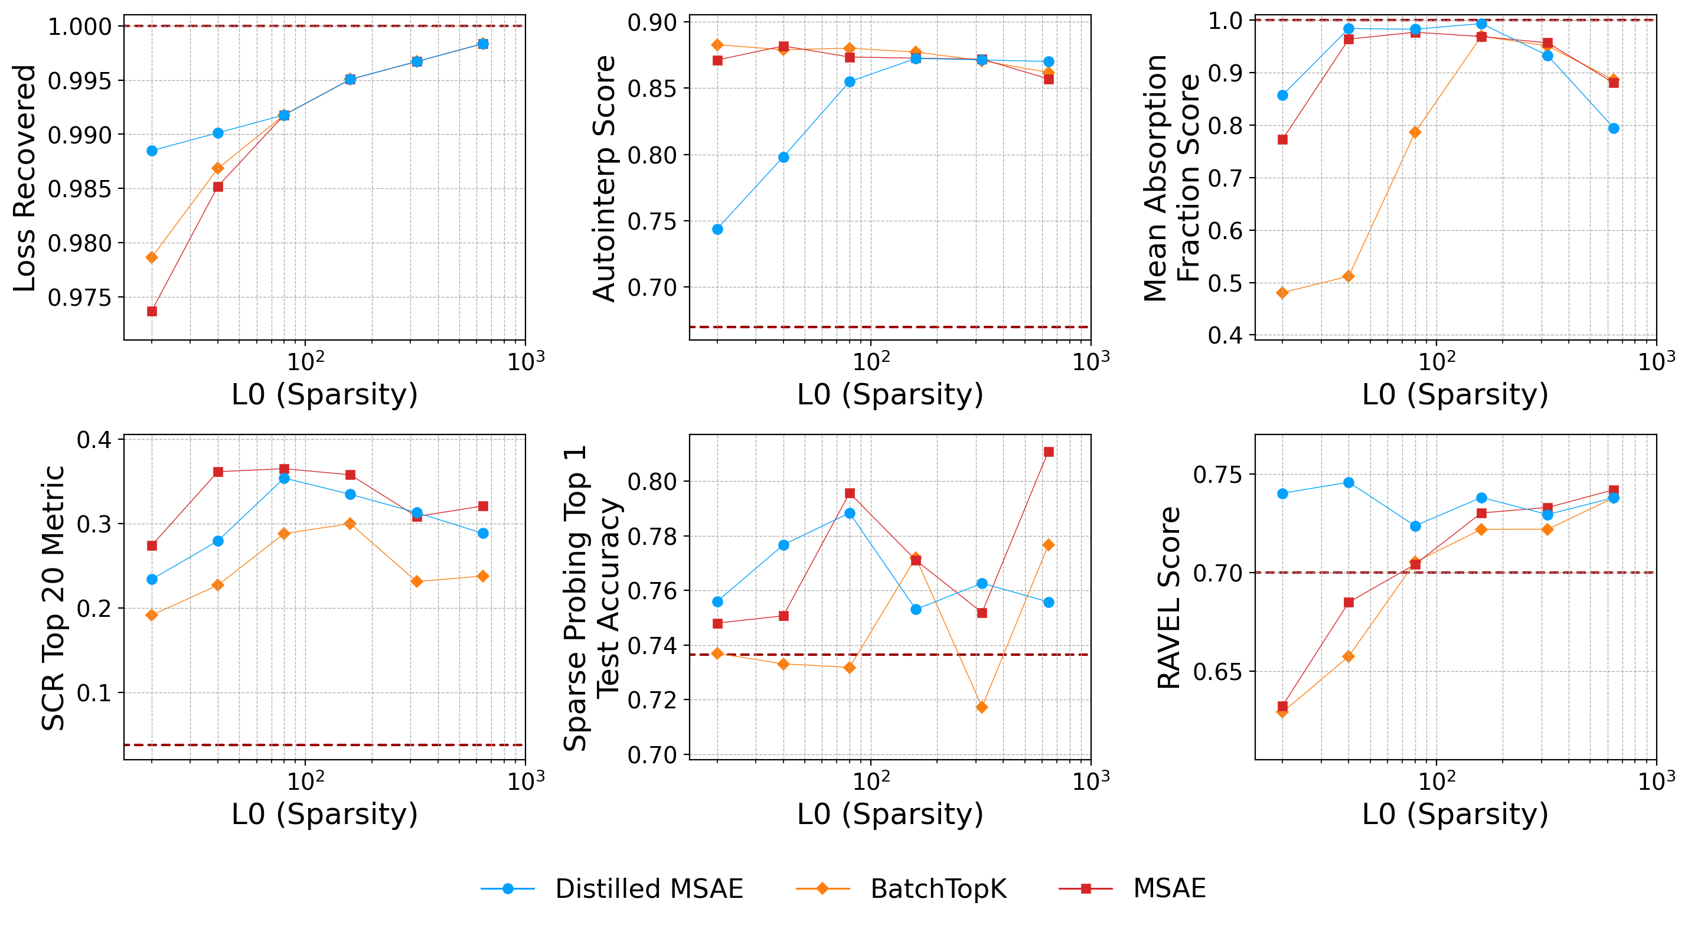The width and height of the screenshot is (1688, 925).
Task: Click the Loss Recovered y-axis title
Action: tap(24, 178)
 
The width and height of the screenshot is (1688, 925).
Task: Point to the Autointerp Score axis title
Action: tap(604, 178)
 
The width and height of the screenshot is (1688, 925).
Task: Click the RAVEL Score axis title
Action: tap(1169, 597)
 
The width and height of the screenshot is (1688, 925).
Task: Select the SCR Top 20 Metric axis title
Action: tap(53, 597)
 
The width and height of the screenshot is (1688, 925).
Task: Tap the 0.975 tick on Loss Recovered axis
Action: tap(79, 298)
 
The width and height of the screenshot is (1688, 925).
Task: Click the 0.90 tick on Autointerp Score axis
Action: tap(651, 22)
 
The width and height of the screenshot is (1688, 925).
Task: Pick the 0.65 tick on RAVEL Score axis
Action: tap(1217, 672)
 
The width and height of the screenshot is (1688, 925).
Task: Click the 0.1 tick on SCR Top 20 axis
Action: tap(94, 693)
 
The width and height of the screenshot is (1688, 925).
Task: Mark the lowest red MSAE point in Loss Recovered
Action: tap(152, 311)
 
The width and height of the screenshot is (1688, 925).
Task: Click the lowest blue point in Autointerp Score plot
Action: tap(717, 229)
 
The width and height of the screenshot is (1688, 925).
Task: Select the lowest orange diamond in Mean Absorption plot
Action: tap(1282, 293)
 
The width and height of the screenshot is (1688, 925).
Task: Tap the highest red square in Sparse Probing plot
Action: tap(1049, 452)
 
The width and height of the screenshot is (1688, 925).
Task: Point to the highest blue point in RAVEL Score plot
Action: tap(1349, 483)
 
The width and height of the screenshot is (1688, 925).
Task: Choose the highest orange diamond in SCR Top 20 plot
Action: tap(350, 524)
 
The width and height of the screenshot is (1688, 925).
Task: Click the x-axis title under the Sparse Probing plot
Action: tap(890, 813)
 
